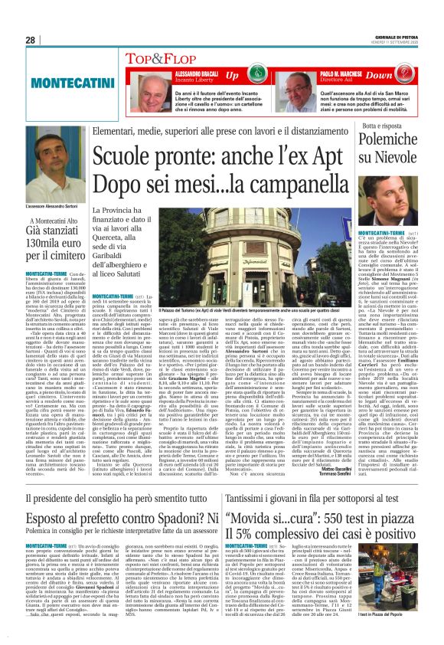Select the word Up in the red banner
[230, 76]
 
